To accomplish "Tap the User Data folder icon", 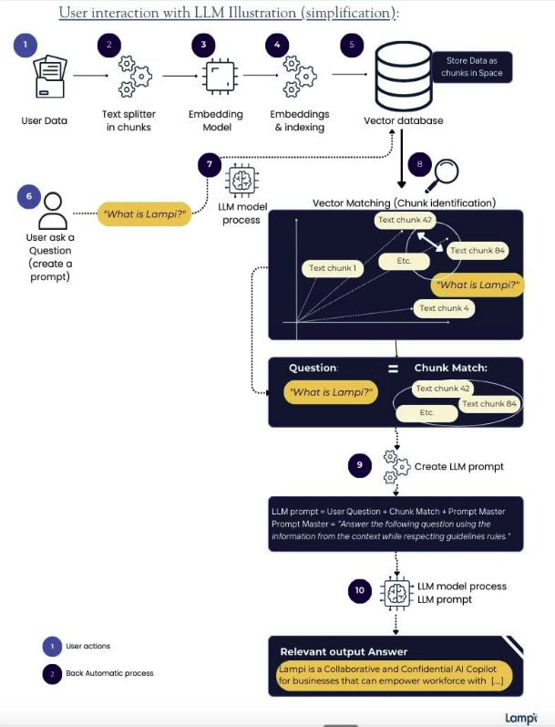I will click(47, 77).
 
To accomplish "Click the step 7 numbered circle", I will click(211, 163).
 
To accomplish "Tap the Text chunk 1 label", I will click(332, 268).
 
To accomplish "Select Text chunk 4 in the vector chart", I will click(445, 308).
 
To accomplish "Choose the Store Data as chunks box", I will click(474, 67).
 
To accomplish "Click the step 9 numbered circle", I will click(360, 465).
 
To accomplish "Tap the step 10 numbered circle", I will click(360, 590).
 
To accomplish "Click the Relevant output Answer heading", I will click(344, 651).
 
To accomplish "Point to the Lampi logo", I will click(520, 716).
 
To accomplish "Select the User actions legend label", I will click(87, 647).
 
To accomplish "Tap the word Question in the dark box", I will click(313, 368).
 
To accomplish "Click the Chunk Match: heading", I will click(451, 368).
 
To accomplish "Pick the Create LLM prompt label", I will click(459, 466).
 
